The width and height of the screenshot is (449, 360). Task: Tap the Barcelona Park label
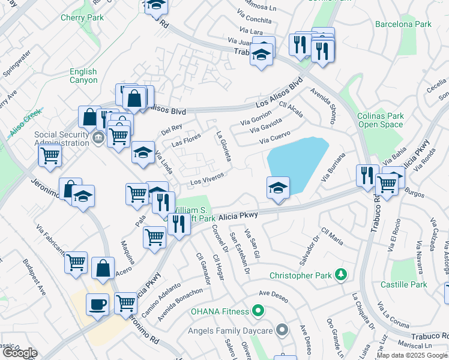pyautogui.click(x=403, y=25)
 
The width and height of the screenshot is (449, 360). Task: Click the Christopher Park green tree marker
pyautogui.click(x=342, y=275)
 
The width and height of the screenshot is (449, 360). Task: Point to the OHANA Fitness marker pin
pyautogui.click(x=258, y=311)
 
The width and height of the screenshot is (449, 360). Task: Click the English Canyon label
pyautogui.click(x=83, y=76)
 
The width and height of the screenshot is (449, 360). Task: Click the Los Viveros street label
pyautogui.click(x=207, y=178)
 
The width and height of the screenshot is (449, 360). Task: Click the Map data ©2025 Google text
pyautogui.click(x=412, y=355)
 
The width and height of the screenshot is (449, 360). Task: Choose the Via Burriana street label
pyautogui.click(x=334, y=167)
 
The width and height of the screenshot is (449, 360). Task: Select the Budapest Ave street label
pyautogui.click(x=34, y=277)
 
